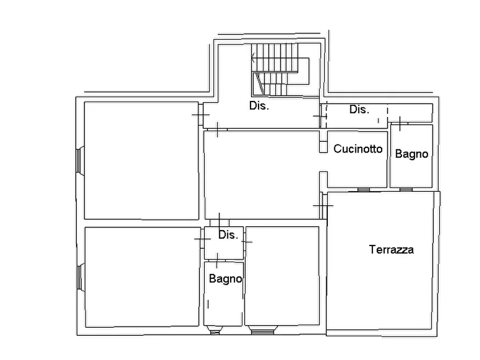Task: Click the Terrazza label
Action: click(391, 249)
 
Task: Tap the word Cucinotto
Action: click(358, 149)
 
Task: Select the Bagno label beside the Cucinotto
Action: click(411, 154)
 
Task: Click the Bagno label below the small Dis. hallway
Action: click(225, 279)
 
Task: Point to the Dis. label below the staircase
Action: click(259, 106)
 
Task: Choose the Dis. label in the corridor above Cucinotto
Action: click(359, 109)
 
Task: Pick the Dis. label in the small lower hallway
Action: click(228, 235)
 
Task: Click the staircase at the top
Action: click(280, 69)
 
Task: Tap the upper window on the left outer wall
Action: click(80, 161)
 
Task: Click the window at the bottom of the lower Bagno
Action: click(214, 330)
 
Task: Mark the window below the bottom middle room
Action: click(263, 330)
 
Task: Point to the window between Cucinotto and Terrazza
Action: click(363, 190)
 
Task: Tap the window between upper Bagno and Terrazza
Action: click(406, 190)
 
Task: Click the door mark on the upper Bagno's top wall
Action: click(399, 124)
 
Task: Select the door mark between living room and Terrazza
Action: click(323, 206)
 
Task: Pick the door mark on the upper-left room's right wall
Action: click(200, 115)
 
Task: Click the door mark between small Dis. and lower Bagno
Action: click(217, 260)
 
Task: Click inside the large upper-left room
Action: click(141, 161)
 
